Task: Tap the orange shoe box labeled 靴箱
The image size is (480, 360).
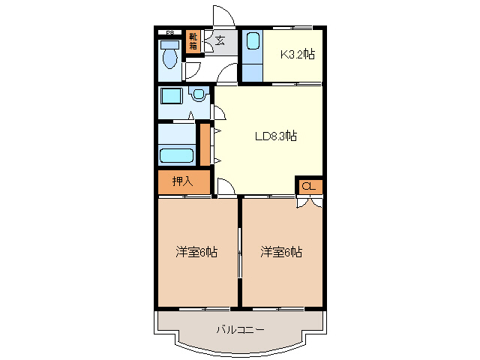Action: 193,41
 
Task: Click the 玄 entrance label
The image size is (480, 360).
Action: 220,42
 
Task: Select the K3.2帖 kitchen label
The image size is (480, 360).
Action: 297,54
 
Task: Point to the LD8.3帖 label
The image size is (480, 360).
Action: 275,136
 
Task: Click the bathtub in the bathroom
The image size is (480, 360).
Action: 176,156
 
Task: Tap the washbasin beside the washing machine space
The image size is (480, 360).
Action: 199,95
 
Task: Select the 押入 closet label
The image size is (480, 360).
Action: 182,181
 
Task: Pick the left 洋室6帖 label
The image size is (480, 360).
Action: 196,253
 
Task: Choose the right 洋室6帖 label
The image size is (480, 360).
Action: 281,253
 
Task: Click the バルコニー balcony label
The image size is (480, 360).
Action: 240,328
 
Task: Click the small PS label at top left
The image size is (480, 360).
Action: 170,32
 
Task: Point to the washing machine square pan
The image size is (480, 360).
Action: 172,97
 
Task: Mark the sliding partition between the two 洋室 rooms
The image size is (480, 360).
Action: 239,252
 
